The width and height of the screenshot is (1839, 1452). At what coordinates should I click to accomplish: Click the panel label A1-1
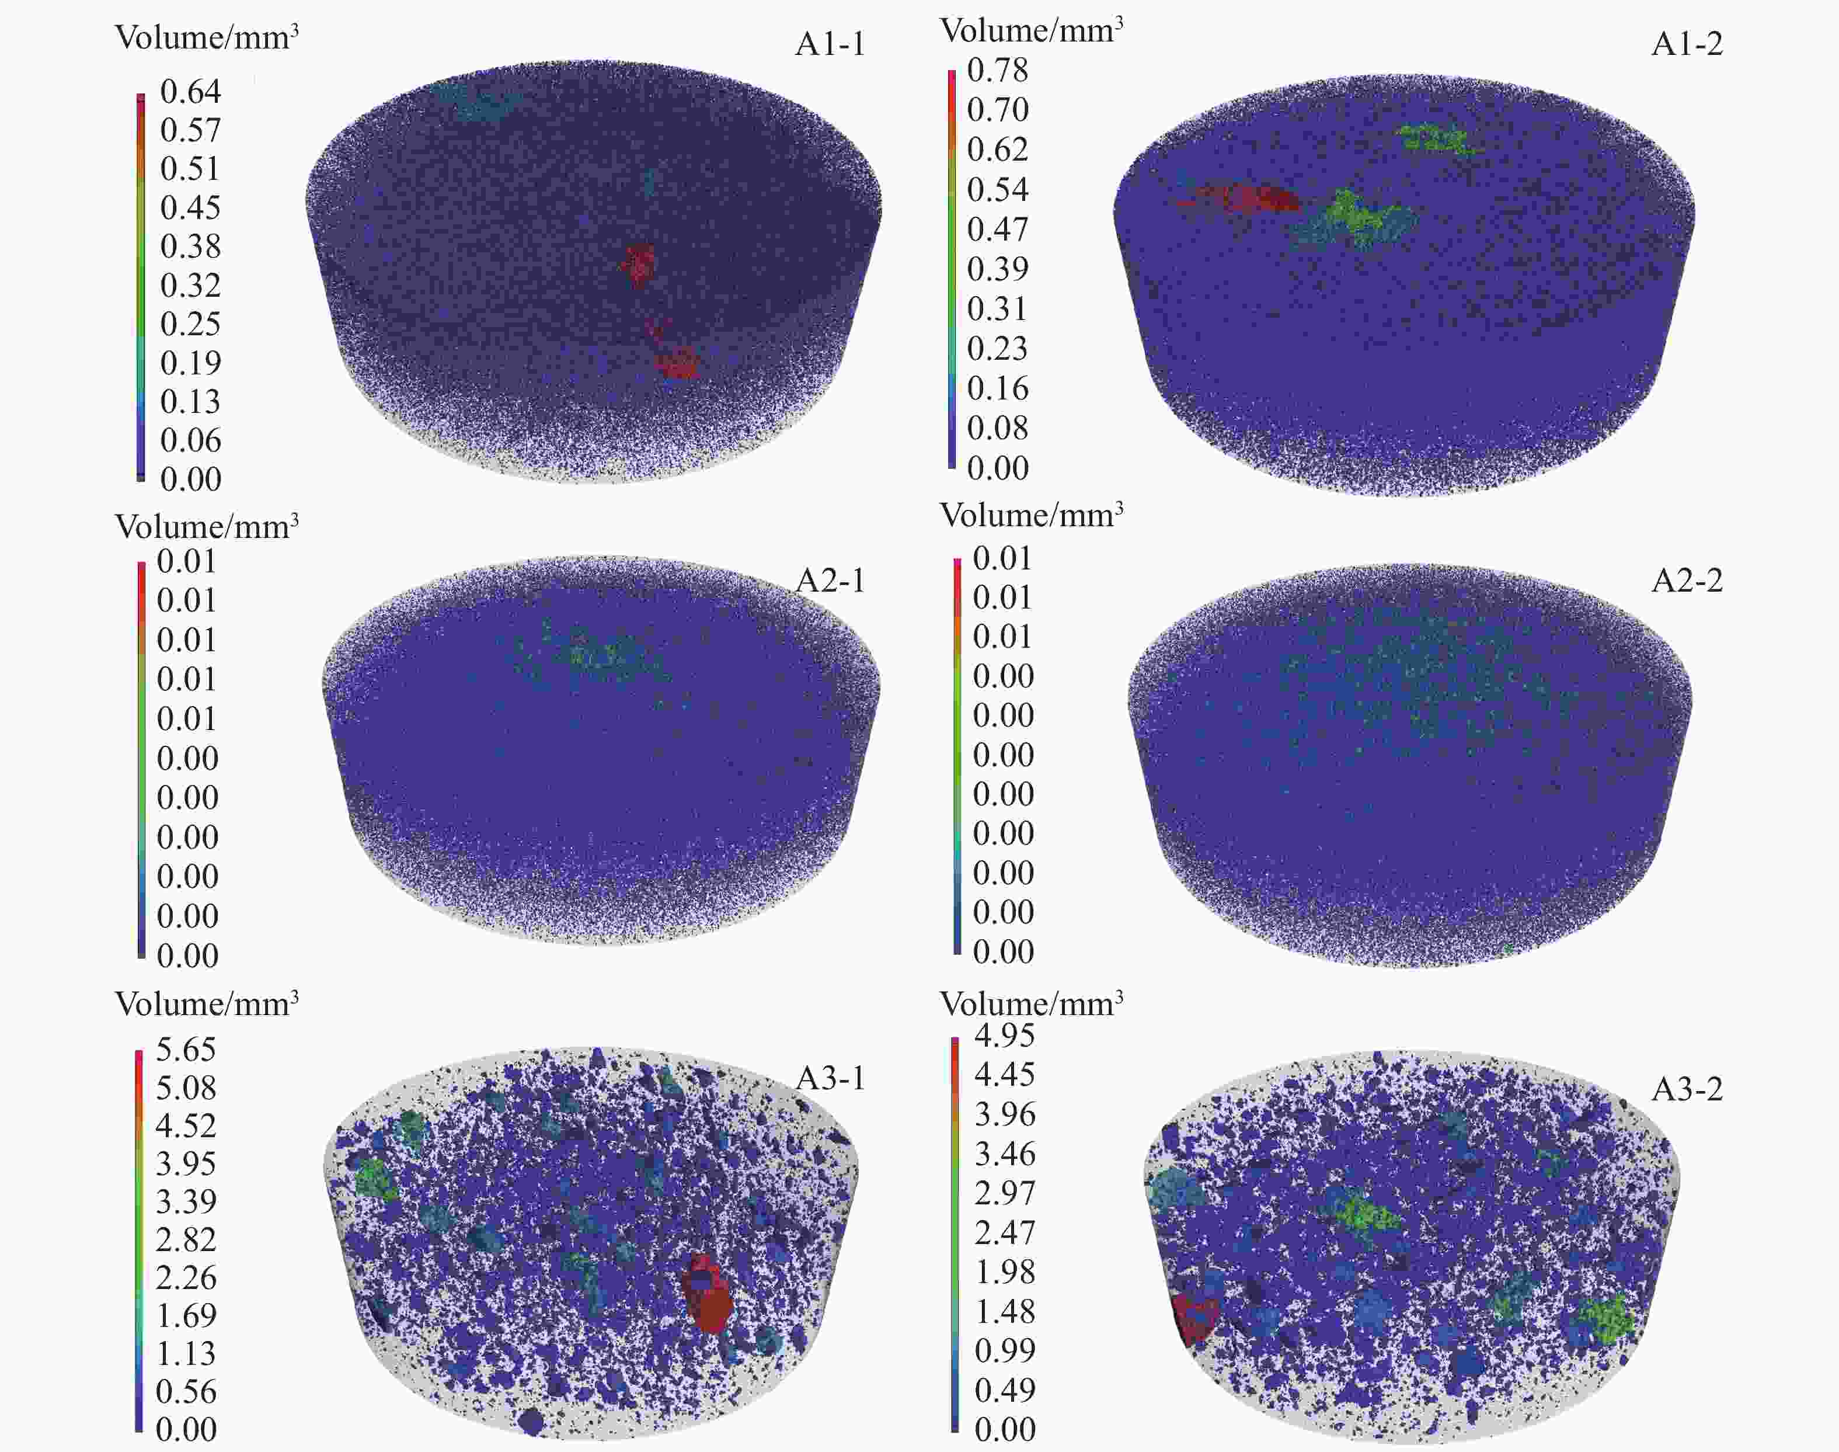[x=830, y=44]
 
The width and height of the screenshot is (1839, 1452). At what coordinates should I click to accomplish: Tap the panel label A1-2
[x=1687, y=44]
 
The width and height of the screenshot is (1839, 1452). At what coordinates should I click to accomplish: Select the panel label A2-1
[x=830, y=581]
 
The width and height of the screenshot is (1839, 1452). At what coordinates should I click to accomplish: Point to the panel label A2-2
[x=1687, y=581]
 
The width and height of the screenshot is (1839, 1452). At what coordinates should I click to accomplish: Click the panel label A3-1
[x=830, y=1079]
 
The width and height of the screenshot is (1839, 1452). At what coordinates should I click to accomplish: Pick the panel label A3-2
[x=1687, y=1089]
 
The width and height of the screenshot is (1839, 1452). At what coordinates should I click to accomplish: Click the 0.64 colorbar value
[x=190, y=91]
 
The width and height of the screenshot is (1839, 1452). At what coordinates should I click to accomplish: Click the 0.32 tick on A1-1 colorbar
[x=190, y=285]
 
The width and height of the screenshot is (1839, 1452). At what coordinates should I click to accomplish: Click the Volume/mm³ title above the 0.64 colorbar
[x=207, y=38]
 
